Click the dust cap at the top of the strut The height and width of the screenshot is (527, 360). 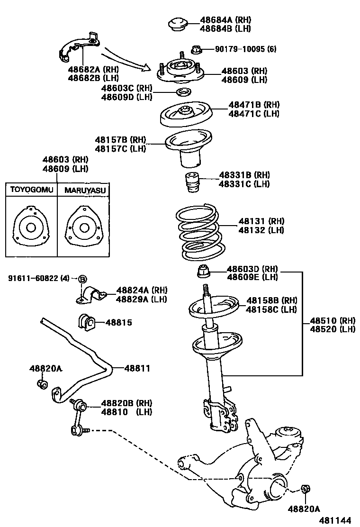pyautogui.click(x=179, y=25)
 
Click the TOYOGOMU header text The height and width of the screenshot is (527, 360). pyautogui.click(x=31, y=190)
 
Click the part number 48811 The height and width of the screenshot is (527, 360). pyautogui.click(x=137, y=368)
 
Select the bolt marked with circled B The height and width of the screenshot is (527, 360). pyautogui.click(x=82, y=278)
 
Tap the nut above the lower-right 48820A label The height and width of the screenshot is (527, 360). pyautogui.click(x=306, y=489)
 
